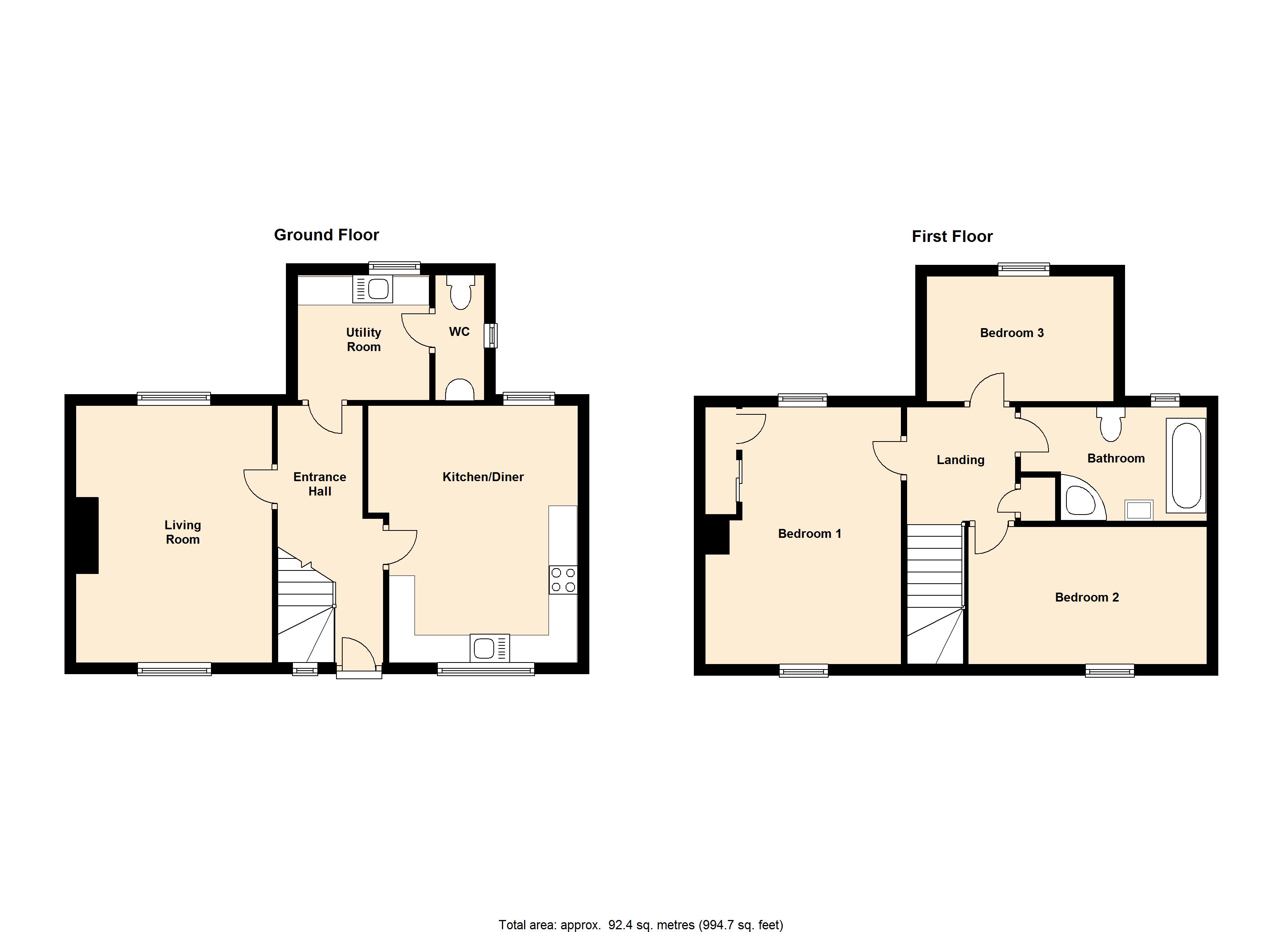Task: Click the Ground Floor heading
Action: pos(326,235)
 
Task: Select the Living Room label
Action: pos(183,532)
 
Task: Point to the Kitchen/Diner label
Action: pos(483,477)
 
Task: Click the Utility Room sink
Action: pos(373,289)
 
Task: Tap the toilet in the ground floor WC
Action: pos(461,292)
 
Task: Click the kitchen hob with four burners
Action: pos(563,579)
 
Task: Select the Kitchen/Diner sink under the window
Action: pos(489,648)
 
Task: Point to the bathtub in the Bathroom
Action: pos(1186,465)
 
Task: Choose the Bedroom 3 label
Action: pos(1012,333)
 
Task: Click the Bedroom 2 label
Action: pos(1087,597)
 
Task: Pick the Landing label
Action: pos(960,460)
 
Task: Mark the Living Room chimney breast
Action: pos(87,535)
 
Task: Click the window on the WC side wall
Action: pos(491,335)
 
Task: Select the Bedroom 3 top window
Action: pos(1024,270)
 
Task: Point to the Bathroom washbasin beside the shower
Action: pos(1138,510)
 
